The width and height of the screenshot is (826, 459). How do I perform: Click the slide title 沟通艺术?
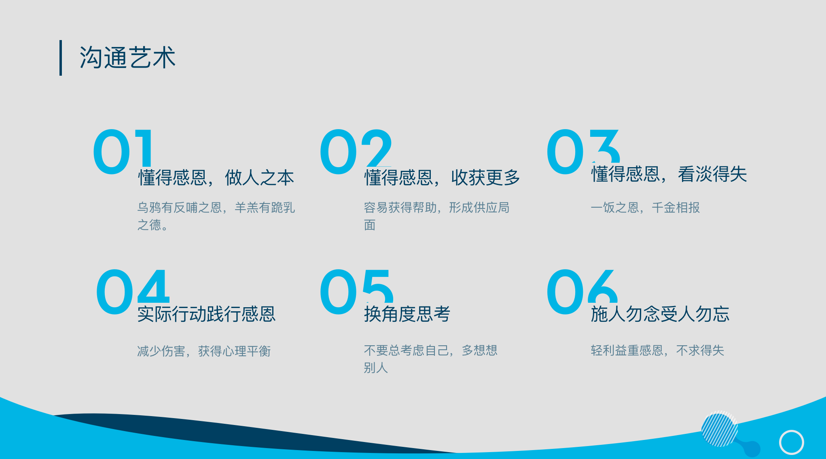[x=127, y=57]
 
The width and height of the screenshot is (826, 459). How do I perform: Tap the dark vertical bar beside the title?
[x=61, y=57]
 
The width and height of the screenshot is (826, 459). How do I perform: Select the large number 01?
[x=123, y=152]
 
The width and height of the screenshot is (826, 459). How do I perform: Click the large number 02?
[x=356, y=152]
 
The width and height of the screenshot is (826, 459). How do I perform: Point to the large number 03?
[x=583, y=152]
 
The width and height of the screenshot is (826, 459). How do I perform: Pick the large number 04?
[x=133, y=291]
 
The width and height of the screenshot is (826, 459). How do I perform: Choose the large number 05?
[x=356, y=291]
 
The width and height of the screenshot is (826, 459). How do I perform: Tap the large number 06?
[x=582, y=291]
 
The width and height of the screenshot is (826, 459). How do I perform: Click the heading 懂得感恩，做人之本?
[x=216, y=178]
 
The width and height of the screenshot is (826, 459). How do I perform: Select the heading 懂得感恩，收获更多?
[x=442, y=178]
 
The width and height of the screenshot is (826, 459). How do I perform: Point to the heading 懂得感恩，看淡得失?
[x=669, y=174]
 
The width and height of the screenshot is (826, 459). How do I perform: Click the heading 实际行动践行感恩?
[x=207, y=314]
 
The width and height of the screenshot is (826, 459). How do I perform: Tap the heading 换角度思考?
[x=407, y=314]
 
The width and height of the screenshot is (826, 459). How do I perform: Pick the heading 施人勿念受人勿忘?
[x=660, y=314]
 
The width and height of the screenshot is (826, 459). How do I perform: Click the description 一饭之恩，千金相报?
[x=645, y=208]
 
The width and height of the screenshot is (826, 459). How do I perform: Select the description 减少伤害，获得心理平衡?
[x=204, y=351]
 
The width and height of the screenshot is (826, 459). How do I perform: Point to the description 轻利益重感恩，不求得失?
[x=657, y=351]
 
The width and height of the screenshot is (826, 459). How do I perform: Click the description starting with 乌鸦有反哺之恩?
[x=216, y=216]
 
